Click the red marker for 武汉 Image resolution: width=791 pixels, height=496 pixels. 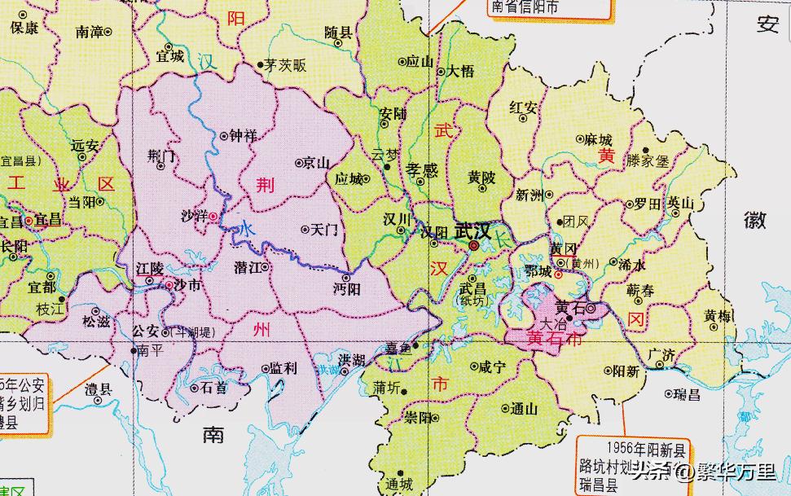pos(473,244)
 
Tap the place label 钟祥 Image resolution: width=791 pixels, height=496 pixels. pos(242,136)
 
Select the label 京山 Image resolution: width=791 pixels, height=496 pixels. pos(316,162)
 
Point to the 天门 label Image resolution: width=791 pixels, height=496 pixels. pos(324,230)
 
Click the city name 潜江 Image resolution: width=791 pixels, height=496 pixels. pos(248,266)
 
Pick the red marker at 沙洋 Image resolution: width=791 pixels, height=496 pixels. pos(213,217)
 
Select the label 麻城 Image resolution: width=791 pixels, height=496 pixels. pos(598,139)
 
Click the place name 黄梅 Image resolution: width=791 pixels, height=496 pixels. pos(718,317)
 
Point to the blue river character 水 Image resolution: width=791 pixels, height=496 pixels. pos(246,230)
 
